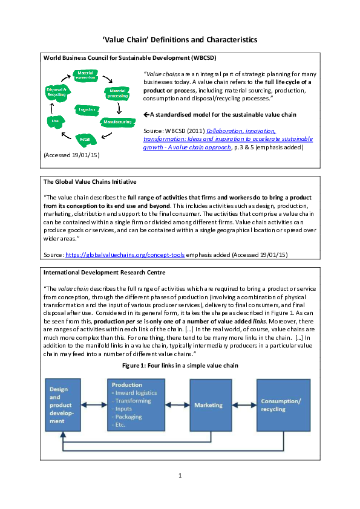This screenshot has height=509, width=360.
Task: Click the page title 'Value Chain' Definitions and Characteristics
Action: (x=180, y=39)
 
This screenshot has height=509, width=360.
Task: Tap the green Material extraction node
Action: (x=85, y=75)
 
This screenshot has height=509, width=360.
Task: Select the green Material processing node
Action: (x=117, y=93)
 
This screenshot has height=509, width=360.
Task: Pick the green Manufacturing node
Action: (x=117, y=122)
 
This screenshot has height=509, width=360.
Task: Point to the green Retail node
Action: (x=85, y=139)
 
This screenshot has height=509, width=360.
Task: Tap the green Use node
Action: (x=55, y=121)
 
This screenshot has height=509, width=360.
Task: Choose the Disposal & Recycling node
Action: (x=57, y=92)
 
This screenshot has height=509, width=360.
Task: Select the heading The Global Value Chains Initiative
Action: (x=90, y=181)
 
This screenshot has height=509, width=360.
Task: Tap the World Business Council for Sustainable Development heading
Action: (x=125, y=57)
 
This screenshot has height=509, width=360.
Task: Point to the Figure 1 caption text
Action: (x=180, y=366)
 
